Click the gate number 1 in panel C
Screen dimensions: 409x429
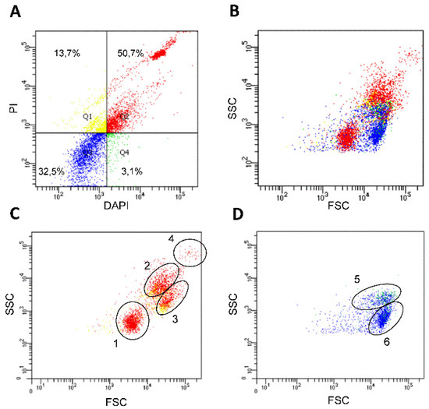tap(114, 344)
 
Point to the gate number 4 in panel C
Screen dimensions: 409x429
tap(171, 238)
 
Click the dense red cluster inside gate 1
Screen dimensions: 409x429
tap(130, 320)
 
